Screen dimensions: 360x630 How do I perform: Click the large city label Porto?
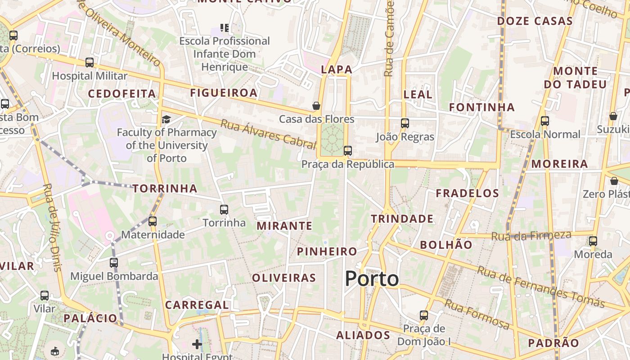click(372, 279)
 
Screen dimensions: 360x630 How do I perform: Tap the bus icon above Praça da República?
click(348, 151)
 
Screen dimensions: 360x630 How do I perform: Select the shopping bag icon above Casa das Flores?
click(316, 106)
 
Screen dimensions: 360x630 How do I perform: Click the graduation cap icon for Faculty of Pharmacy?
click(166, 119)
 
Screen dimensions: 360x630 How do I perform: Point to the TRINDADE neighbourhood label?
click(402, 219)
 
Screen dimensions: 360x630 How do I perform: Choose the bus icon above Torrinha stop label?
click(224, 209)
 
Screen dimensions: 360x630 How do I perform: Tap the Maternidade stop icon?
click(153, 221)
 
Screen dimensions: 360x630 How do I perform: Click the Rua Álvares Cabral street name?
click(268, 134)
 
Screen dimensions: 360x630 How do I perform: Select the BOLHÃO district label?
click(446, 245)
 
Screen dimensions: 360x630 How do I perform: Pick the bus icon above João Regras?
click(405, 123)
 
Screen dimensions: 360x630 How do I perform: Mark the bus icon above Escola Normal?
click(545, 121)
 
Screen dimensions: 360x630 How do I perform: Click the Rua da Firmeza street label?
click(531, 235)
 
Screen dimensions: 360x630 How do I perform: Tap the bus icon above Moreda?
click(593, 241)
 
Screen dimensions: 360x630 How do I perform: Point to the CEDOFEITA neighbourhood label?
click(122, 94)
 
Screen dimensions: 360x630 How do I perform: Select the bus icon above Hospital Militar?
click(90, 63)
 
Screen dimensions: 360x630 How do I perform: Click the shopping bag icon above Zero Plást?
click(614, 181)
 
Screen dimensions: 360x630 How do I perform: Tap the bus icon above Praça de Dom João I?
click(424, 315)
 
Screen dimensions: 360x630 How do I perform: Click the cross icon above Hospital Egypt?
click(197, 344)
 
